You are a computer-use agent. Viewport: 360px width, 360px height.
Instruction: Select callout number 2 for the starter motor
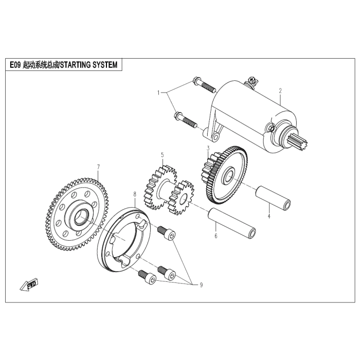[x=280, y=91]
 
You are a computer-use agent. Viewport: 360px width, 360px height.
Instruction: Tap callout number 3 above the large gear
[x=208, y=148]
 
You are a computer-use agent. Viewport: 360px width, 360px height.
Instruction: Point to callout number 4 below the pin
[x=268, y=217]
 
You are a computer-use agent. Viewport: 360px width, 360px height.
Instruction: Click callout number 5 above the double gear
[x=162, y=154]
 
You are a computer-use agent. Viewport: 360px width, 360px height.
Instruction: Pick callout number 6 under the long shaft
[x=216, y=236]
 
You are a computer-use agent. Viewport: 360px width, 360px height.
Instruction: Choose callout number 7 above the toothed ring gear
[x=98, y=167]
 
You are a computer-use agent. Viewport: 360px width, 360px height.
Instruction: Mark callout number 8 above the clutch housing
[x=135, y=194]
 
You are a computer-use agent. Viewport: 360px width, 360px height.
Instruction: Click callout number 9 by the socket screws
[x=201, y=284]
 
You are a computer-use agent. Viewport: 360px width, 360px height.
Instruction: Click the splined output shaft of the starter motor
[x=299, y=141]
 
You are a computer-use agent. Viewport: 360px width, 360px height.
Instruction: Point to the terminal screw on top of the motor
[x=252, y=80]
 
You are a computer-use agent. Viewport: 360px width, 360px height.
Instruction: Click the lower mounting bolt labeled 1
[x=186, y=120]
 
